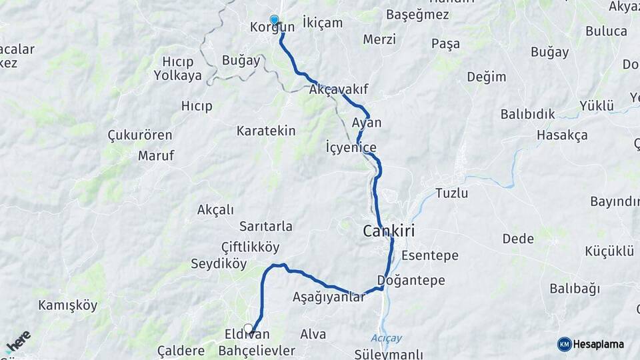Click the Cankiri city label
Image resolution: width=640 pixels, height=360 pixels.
pyautogui.click(x=389, y=231)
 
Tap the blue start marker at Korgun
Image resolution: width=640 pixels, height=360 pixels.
pyautogui.click(x=274, y=20)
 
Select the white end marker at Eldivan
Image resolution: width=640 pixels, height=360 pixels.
pyautogui.click(x=249, y=329)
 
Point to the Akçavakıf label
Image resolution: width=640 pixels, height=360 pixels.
pyautogui.click(x=339, y=89)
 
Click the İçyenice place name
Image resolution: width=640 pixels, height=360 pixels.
pyautogui.click(x=351, y=147)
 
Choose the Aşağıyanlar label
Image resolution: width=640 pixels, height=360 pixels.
pyautogui.click(x=329, y=297)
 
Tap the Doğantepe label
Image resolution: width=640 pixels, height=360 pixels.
pyautogui.click(x=411, y=280)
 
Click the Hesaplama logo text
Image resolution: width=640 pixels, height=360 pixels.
pyautogui.click(x=598, y=344)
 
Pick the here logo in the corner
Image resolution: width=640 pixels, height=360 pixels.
pyautogui.click(x=18, y=342)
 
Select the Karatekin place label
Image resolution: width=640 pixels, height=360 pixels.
pyautogui.click(x=265, y=131)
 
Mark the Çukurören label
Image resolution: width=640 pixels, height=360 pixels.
pyautogui.click(x=140, y=135)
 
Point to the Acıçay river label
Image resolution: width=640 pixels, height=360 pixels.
pyautogui.click(x=387, y=338)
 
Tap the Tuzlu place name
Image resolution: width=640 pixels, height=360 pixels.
pyautogui.click(x=451, y=193)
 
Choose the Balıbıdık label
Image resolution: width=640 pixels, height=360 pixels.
pyautogui.click(x=527, y=114)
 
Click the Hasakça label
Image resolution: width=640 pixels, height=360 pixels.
pyautogui.click(x=562, y=135)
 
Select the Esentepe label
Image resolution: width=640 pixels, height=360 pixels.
pyautogui.click(x=430, y=255)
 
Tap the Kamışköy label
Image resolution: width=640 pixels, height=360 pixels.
pyautogui.click(x=68, y=306)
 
